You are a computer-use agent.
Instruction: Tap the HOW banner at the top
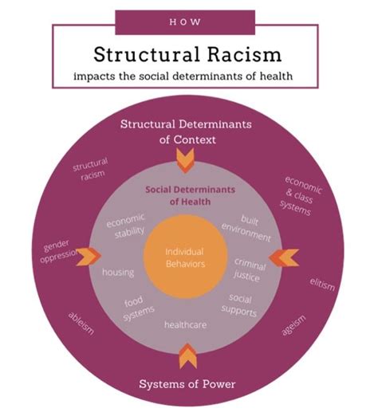pos(185,19)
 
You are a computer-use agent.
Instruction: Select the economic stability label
pos(126,226)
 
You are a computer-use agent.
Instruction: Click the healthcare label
pos(186,325)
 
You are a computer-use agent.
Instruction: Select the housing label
pos(118,272)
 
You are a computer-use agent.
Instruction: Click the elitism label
pos(322,284)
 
